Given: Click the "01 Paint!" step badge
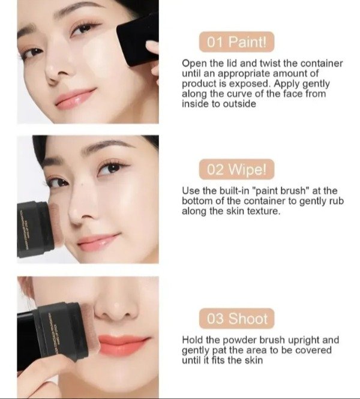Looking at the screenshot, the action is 236,42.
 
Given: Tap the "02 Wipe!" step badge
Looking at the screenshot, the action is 236,169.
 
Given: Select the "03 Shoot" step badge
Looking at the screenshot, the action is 236,319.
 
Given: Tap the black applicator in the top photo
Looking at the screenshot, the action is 137,40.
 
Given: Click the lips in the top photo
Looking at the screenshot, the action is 76,98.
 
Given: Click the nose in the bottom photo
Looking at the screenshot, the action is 116,307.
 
